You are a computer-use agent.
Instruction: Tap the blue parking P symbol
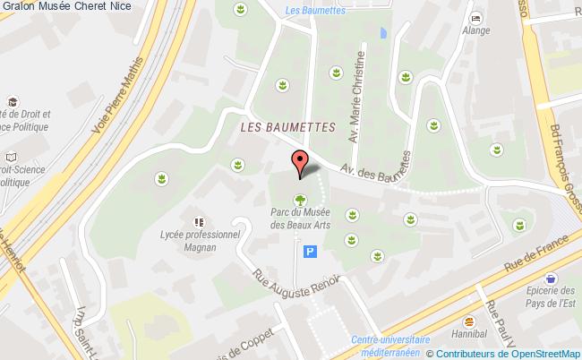[311, 253]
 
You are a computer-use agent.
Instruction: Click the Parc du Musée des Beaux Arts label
[301, 219]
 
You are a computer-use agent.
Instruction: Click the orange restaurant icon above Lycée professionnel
[198, 219]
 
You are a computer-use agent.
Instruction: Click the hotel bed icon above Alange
[475, 18]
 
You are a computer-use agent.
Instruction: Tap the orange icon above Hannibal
[467, 320]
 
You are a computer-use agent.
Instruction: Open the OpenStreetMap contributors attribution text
[509, 353]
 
